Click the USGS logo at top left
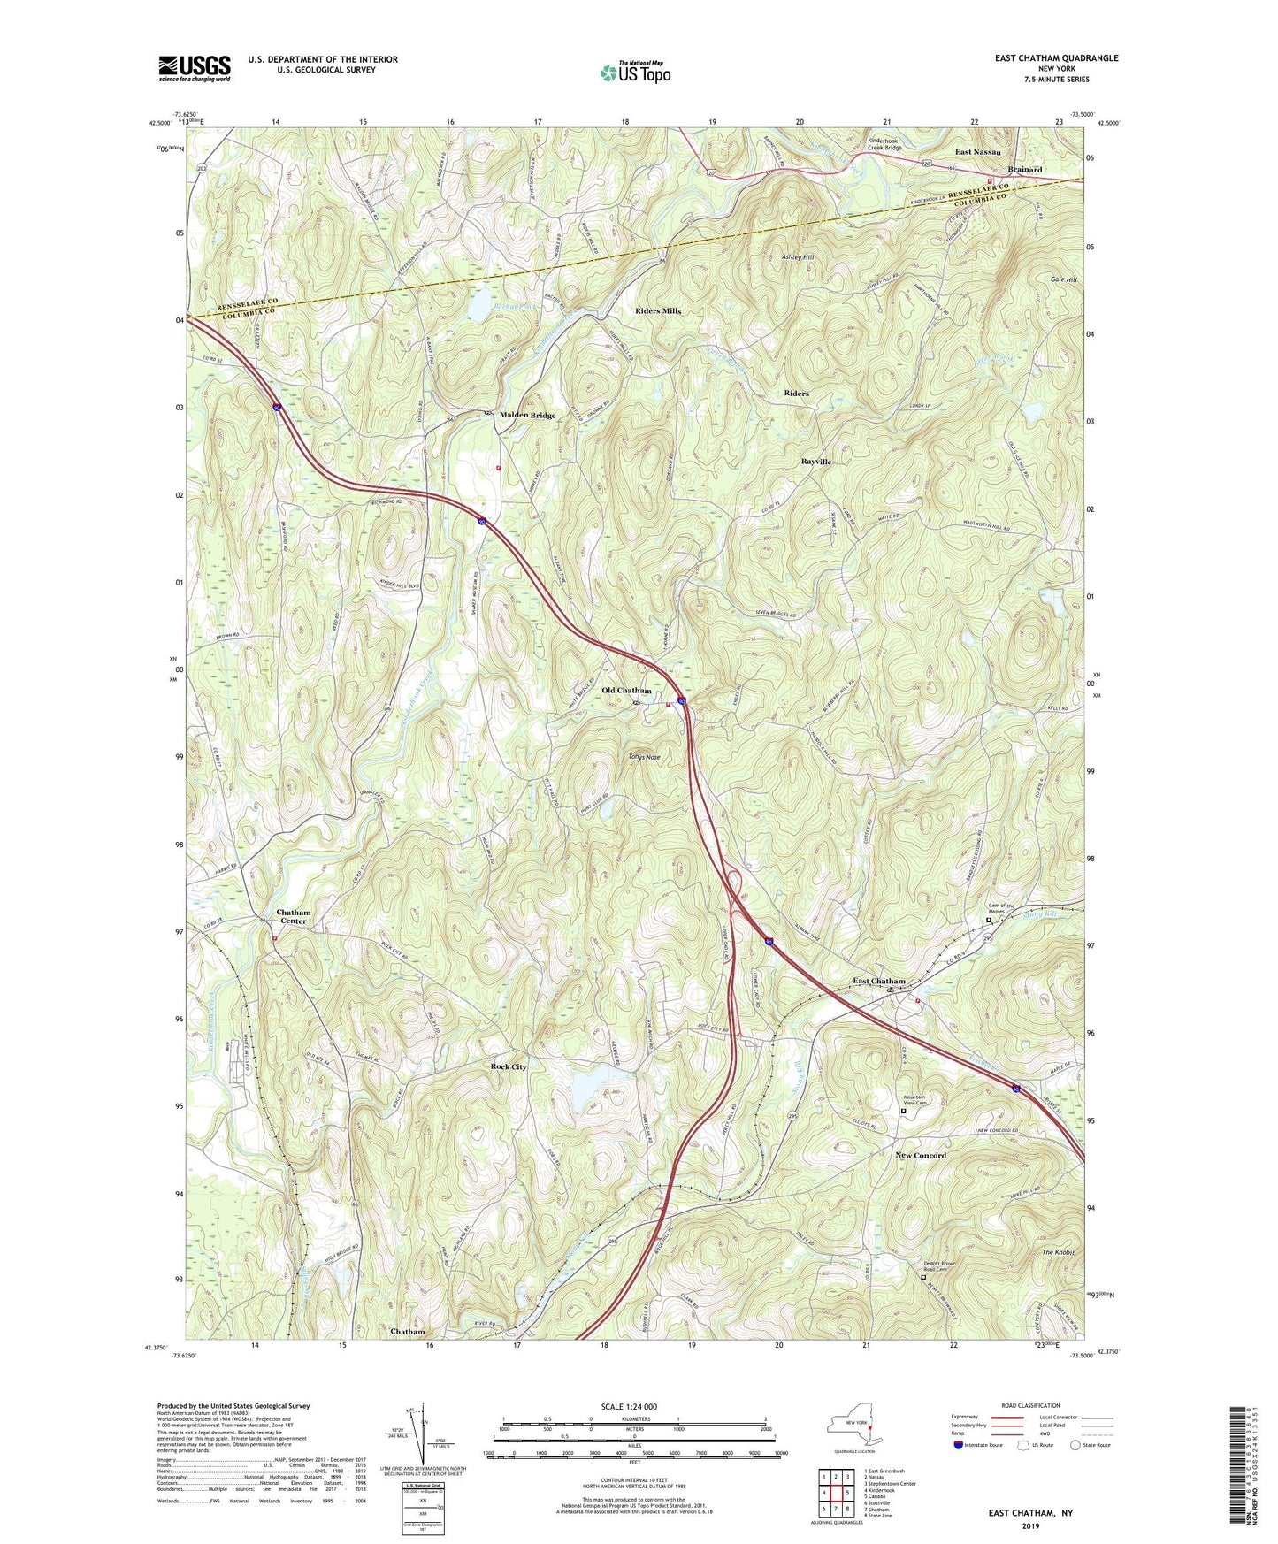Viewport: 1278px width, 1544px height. [195, 68]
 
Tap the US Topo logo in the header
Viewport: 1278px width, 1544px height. [634, 73]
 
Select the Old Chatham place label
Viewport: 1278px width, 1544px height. [626, 691]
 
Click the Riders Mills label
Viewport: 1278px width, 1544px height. [658, 311]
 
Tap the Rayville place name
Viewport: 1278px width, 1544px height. [816, 462]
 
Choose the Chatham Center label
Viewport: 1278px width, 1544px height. [294, 916]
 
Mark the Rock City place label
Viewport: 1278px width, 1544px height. [509, 1066]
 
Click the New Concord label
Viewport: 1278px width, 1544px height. [920, 1155]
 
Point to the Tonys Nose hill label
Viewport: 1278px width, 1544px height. [644, 757]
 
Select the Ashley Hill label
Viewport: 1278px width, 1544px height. [797, 257]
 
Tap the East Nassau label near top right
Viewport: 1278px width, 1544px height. [977, 152]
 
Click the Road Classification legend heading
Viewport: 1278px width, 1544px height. [1030, 1405]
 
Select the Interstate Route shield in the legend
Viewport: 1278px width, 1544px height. [959, 1445]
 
